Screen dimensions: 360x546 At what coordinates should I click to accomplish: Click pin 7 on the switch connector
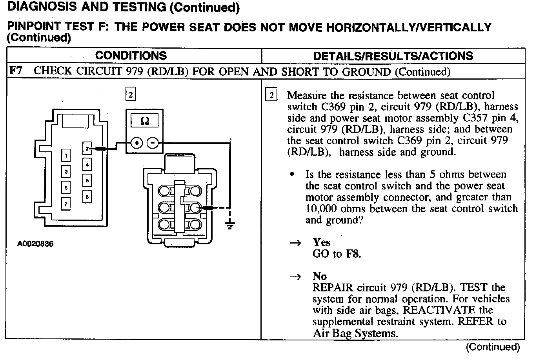66,204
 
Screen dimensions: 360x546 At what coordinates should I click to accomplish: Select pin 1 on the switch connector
66,156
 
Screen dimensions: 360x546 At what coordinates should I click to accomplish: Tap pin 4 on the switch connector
87,165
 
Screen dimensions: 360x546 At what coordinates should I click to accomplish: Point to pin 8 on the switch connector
87,196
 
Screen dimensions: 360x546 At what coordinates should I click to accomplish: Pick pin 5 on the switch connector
66,187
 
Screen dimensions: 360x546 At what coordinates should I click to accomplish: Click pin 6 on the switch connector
87,180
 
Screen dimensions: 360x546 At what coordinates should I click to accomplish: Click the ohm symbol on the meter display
145,121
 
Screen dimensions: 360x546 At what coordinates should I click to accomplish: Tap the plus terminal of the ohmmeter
136,143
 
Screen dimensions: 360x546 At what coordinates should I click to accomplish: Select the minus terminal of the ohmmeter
153,143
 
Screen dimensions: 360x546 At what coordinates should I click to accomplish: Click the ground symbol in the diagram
230,225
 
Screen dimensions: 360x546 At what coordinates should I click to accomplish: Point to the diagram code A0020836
35,244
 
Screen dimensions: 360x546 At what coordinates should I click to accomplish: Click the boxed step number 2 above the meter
131,94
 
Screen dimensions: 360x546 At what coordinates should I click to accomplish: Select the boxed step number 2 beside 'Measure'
271,95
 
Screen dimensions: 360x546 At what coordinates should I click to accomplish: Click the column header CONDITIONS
131,56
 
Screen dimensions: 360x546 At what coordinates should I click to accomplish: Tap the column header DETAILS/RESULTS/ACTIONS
393,56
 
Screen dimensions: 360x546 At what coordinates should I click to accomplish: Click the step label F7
16,71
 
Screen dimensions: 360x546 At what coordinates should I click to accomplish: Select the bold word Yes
322,242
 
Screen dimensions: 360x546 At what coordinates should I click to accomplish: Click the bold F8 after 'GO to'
352,254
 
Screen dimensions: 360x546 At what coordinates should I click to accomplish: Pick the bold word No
320,276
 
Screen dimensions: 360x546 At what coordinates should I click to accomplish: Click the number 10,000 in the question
321,209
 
